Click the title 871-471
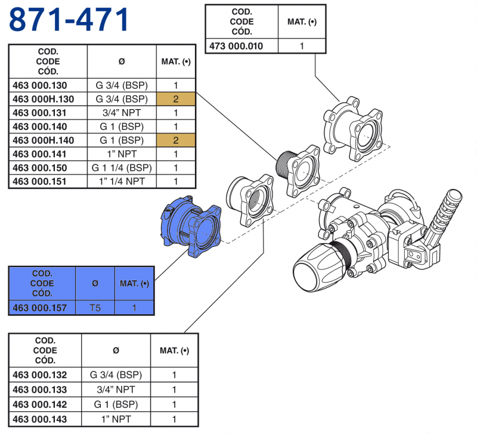69,20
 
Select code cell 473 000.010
235,46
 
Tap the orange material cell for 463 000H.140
176,140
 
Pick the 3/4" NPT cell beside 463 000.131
122,113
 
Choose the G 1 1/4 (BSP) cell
122,168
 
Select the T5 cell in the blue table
95,308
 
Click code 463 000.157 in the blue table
42,308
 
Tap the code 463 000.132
45,375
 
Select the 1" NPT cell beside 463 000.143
116,419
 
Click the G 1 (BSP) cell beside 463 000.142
116,404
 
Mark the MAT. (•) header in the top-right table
302,22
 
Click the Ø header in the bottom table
116,351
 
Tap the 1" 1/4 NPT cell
122,181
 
